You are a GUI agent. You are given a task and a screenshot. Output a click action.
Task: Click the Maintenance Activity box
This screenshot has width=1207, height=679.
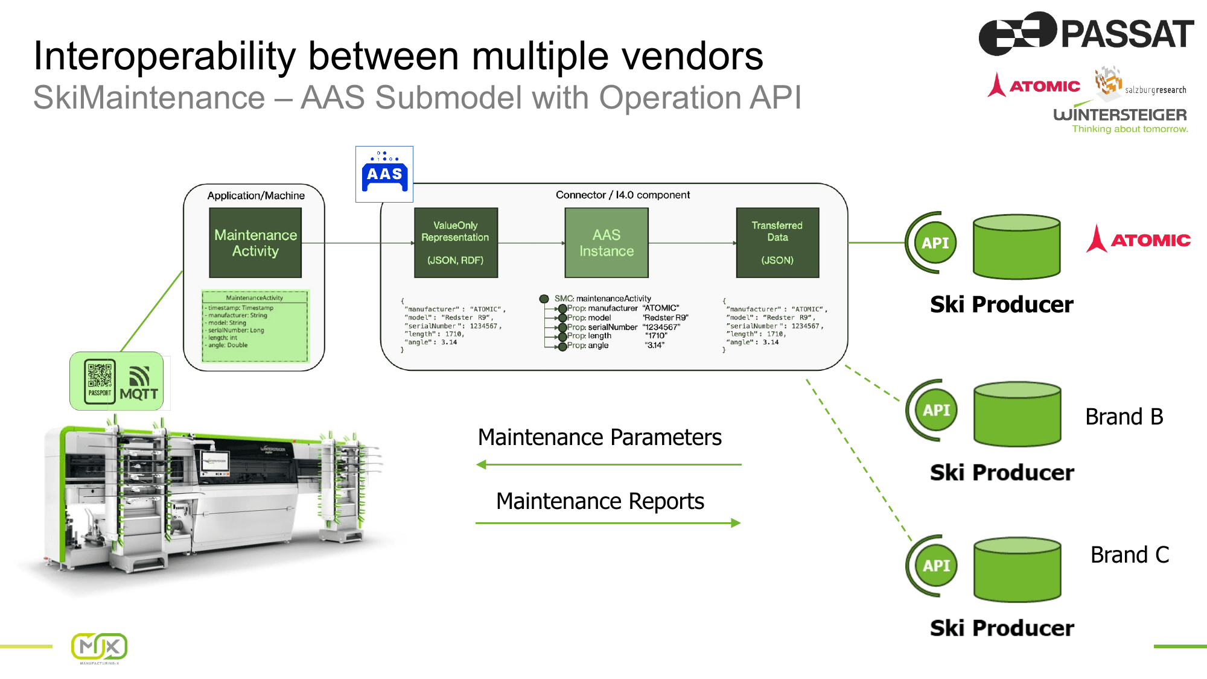[x=255, y=242]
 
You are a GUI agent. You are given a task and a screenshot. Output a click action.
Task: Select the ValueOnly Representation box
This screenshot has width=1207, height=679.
[x=456, y=242]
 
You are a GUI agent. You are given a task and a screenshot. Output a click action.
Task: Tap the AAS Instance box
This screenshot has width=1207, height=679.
[x=607, y=242]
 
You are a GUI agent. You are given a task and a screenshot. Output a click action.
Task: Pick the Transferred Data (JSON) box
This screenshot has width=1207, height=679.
[x=777, y=242]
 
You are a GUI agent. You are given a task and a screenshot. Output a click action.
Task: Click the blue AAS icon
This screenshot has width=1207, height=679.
[x=384, y=174]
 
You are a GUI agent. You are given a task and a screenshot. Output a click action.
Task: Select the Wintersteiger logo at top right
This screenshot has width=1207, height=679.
[x=1120, y=119]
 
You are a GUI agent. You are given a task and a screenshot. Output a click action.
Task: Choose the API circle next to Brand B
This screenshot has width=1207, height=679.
[x=936, y=410]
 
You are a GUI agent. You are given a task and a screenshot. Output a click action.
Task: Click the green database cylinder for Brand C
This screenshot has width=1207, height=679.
[x=1018, y=570]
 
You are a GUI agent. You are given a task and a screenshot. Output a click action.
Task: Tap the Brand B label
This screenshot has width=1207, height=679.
[x=1124, y=417]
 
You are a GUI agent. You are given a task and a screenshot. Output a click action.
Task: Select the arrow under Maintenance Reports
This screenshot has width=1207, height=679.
[x=608, y=523]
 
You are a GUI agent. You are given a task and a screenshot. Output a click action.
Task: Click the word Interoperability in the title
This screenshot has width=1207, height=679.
[x=164, y=56]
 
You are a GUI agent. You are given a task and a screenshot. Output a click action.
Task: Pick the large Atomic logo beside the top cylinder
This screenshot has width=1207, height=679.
[x=1138, y=239]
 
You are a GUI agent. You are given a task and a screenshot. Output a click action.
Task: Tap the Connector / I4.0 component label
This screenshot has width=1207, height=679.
[x=622, y=195]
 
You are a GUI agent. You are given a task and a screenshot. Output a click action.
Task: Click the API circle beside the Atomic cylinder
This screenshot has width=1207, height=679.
[x=935, y=243]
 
